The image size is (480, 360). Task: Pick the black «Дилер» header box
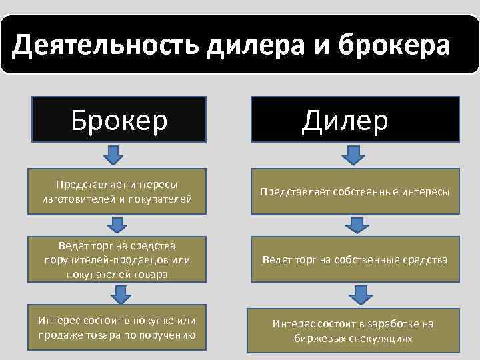click(354, 119)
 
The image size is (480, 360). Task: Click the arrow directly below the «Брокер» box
click(115, 155)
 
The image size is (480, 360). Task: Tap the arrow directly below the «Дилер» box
click(353, 155)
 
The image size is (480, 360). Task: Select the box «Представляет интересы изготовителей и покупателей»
click(117, 192)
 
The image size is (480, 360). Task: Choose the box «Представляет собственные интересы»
click(355, 192)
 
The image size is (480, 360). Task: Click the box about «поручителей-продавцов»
click(117, 259)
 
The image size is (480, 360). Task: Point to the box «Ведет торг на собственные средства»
click(355, 259)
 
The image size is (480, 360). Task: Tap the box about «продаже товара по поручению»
click(117, 329)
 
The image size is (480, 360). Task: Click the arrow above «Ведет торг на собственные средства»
click(359, 225)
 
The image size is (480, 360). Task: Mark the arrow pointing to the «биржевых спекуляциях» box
click(360, 293)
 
